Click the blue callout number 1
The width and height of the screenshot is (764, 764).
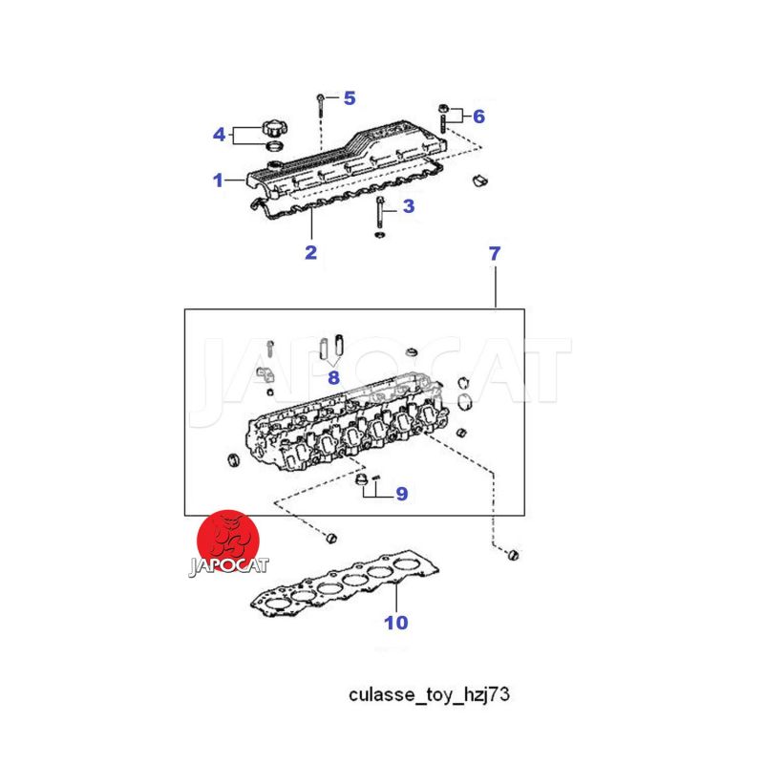pyautogui.click(x=218, y=180)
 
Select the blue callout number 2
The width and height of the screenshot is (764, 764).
pyautogui.click(x=311, y=252)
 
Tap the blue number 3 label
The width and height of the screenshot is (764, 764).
pyautogui.click(x=409, y=206)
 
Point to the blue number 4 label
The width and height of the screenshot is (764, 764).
pyautogui.click(x=220, y=135)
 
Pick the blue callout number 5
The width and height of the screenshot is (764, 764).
pyautogui.click(x=350, y=98)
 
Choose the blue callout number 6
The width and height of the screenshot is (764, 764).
pyautogui.click(x=479, y=117)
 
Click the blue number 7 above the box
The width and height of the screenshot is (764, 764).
pyautogui.click(x=495, y=253)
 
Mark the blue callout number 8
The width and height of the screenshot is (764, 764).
pyautogui.click(x=333, y=377)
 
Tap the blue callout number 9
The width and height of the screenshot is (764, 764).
pyautogui.click(x=401, y=494)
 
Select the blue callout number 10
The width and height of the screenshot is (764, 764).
pyautogui.click(x=396, y=623)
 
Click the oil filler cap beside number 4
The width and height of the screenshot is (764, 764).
pyautogui.click(x=274, y=128)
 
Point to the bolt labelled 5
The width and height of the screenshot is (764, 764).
pyautogui.click(x=320, y=105)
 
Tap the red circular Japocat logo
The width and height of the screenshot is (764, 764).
pyautogui.click(x=228, y=541)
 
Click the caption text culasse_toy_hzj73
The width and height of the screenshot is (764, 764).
pyautogui.click(x=429, y=694)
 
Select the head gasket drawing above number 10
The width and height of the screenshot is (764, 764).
pyautogui.click(x=345, y=584)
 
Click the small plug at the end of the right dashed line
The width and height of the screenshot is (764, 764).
pyautogui.click(x=513, y=555)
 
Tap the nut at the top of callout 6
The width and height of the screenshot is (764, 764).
pyautogui.click(x=443, y=109)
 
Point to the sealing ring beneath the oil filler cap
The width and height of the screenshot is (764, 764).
pyautogui.click(x=275, y=145)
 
